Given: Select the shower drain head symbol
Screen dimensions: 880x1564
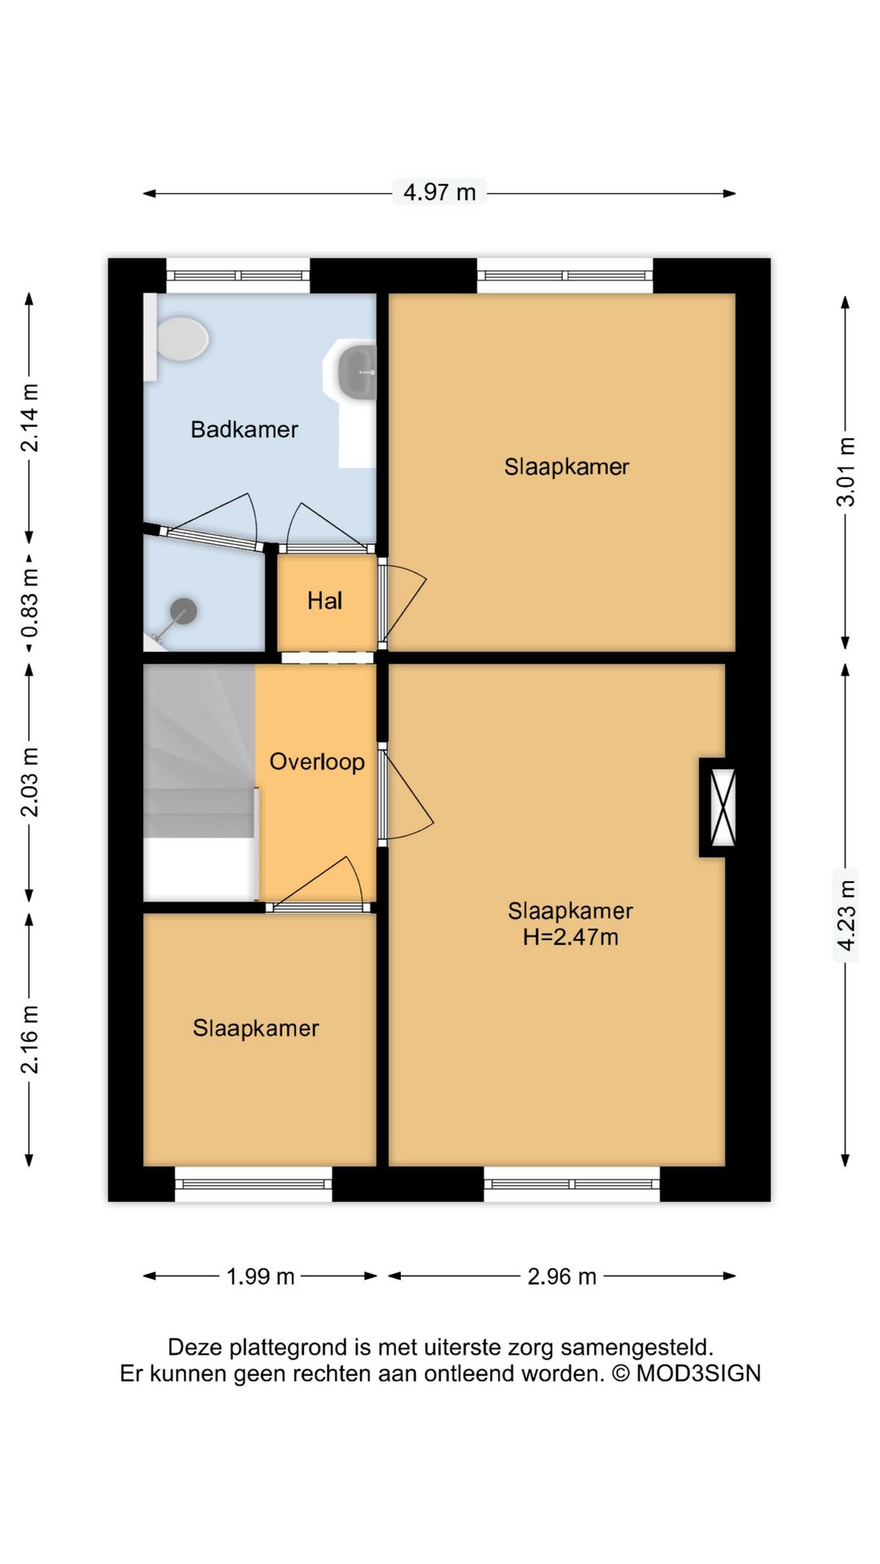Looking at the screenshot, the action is [183, 611].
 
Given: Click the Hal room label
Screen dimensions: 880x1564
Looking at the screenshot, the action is [324, 601].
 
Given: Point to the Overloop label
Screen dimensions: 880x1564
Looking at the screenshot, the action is [317, 762].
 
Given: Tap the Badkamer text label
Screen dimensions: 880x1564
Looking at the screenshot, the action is [244, 429].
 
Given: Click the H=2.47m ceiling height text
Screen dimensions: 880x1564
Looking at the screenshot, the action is [570, 937].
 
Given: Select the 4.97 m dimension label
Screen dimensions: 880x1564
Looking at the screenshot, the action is [440, 192].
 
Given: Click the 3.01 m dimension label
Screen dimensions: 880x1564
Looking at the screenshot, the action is [847, 472].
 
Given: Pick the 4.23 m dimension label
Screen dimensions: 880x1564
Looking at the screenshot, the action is [847, 915].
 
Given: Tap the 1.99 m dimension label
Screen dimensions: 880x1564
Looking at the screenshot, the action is [261, 1276].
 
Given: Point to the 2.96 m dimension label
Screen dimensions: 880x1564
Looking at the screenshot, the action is [562, 1276].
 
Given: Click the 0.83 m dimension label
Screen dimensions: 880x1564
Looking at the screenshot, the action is [30, 604].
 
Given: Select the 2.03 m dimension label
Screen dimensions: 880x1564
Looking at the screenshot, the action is [30, 782].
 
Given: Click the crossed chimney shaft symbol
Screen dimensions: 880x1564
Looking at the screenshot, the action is [724, 807].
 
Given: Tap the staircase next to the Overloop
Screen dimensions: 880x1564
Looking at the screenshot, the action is [200, 782].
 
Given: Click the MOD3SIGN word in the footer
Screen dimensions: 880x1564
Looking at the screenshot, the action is [698, 1373].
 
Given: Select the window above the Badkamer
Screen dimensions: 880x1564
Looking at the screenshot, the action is [238, 275].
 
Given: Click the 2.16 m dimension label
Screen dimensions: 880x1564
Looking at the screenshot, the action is [30, 1039].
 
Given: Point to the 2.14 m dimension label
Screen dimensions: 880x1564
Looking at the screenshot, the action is [30, 417].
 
